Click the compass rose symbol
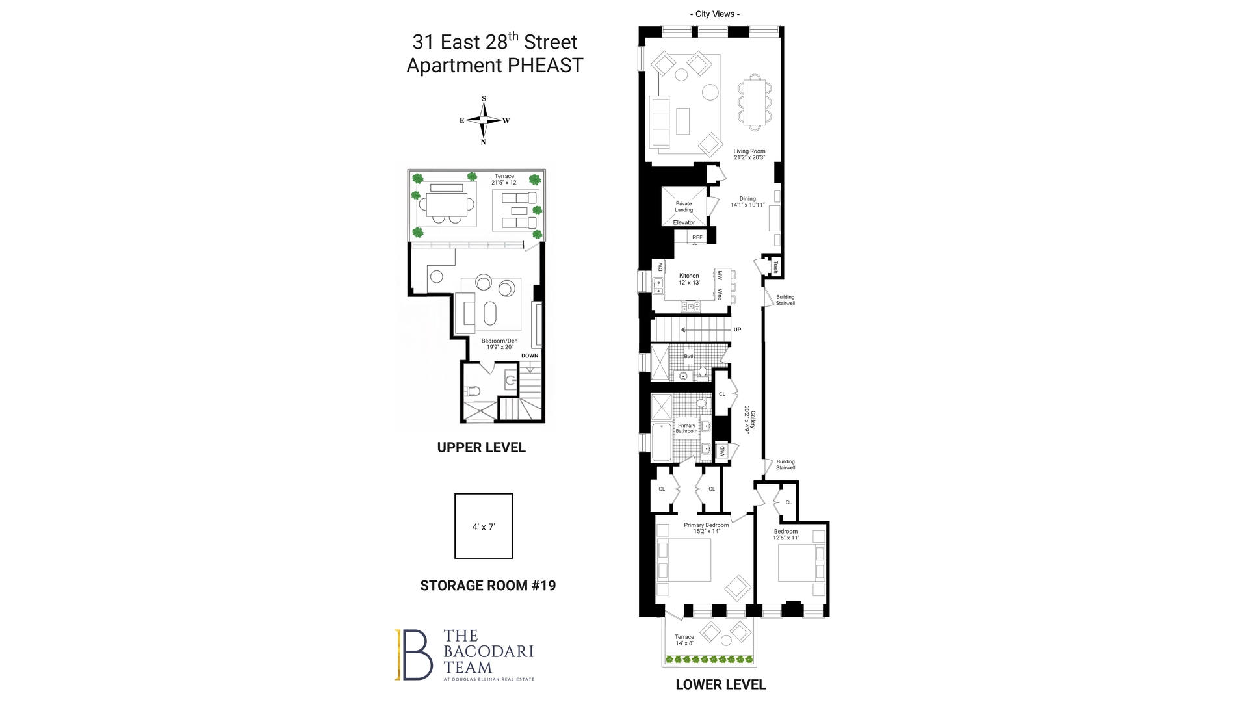pos(484,120)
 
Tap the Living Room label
pos(749,155)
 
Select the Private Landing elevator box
pos(683,207)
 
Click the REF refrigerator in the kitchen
pos(697,237)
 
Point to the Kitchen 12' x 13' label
pos(689,279)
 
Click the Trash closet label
pos(775,266)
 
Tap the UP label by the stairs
pos(737,330)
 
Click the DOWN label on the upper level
pos(530,356)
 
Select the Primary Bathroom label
pos(686,428)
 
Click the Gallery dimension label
pos(750,420)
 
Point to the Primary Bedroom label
pos(706,528)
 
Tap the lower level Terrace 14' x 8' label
pos(684,640)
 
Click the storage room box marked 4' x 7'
pos(484,526)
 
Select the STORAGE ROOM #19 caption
pos(487,586)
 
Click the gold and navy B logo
pos(414,655)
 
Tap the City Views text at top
pos(714,14)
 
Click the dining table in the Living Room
pos(754,101)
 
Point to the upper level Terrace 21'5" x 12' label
pos(504,179)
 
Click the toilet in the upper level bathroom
pos(472,391)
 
